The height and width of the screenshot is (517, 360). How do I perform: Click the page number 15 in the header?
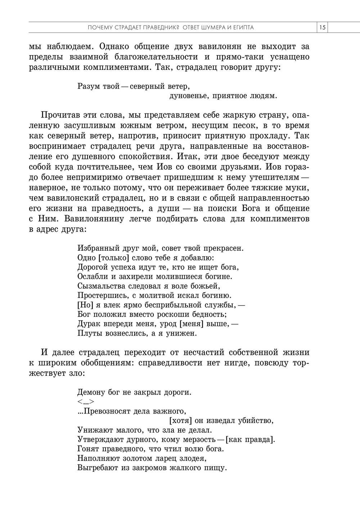322,27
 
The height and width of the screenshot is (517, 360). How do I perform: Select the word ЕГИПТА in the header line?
243,27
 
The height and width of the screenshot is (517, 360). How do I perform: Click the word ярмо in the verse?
124,305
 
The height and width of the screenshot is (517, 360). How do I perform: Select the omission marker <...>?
86,402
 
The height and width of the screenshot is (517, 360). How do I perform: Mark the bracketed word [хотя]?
180,420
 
